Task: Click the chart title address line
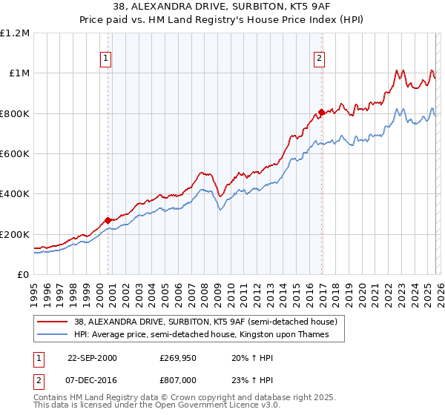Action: (222, 7)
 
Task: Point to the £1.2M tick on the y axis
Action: (15, 33)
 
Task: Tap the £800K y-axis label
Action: (15, 114)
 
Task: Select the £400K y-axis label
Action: (15, 194)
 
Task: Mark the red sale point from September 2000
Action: (108, 220)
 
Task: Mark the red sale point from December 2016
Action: (321, 113)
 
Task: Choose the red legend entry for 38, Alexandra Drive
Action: (206, 322)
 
